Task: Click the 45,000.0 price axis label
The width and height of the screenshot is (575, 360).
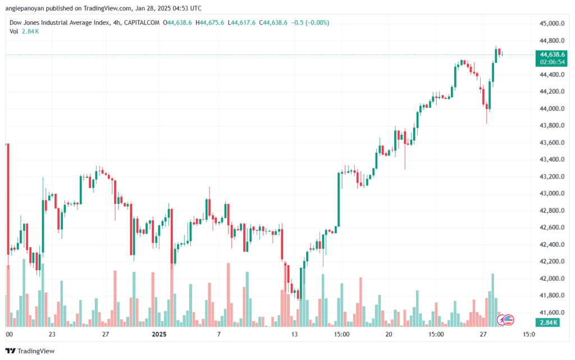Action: [x=550, y=24]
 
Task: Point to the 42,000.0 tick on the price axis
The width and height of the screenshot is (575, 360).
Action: [x=550, y=278]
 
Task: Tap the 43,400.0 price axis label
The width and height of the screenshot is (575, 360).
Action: [x=550, y=160]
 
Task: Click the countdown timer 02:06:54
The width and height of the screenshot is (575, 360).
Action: [x=550, y=62]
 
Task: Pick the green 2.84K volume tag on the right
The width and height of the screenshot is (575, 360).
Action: [x=548, y=322]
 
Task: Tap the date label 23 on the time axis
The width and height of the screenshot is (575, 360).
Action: [x=52, y=334]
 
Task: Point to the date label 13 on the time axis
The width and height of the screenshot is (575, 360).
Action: [x=293, y=334]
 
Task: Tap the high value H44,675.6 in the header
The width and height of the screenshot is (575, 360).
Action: [x=209, y=22]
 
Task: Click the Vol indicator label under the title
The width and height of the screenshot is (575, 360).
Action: [x=13, y=31]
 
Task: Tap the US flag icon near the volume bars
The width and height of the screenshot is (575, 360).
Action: [x=508, y=320]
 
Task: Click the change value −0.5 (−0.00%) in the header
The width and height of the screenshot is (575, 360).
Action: [x=310, y=22]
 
